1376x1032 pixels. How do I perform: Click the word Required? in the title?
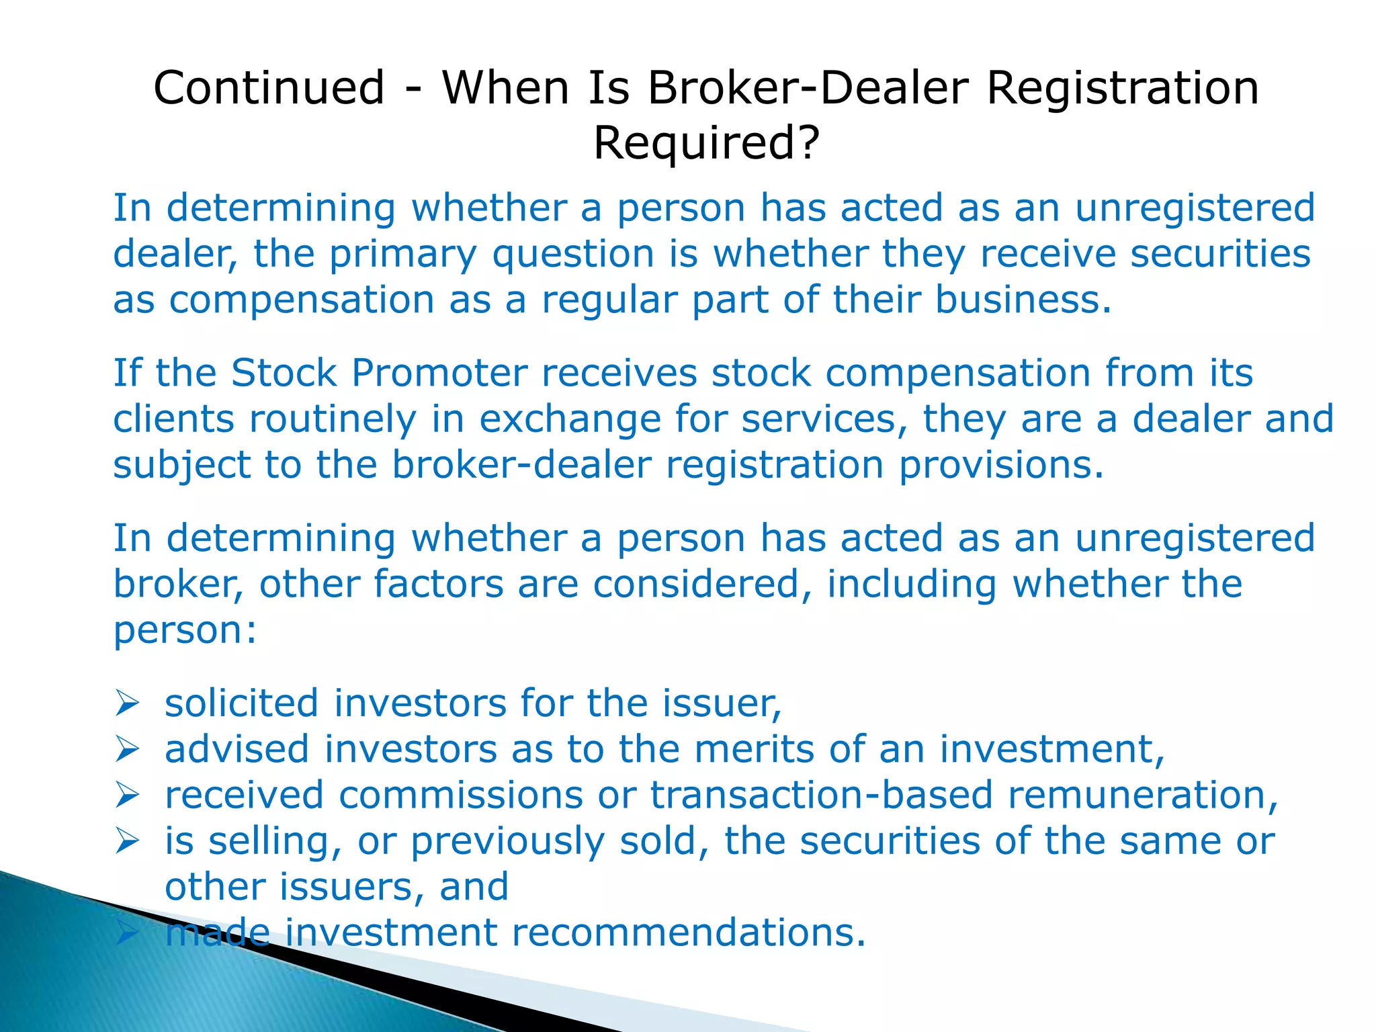point(706,143)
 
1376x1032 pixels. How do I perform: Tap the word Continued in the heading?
point(269,88)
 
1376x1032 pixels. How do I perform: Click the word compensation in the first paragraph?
point(302,300)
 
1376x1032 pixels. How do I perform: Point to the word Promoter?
point(439,373)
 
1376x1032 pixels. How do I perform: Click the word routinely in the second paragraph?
point(333,419)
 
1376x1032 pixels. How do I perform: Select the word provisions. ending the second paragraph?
point(1001,465)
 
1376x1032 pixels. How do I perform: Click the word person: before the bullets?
point(185,630)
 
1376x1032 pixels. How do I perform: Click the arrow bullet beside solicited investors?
point(126,703)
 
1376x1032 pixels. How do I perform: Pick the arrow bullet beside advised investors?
point(126,749)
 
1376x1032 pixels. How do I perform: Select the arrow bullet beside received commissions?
point(126,795)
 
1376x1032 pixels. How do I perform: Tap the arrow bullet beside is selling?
point(126,841)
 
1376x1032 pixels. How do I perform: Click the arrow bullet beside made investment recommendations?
point(126,933)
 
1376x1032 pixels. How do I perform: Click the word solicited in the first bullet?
point(241,703)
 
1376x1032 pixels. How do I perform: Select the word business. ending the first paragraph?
point(1023,300)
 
